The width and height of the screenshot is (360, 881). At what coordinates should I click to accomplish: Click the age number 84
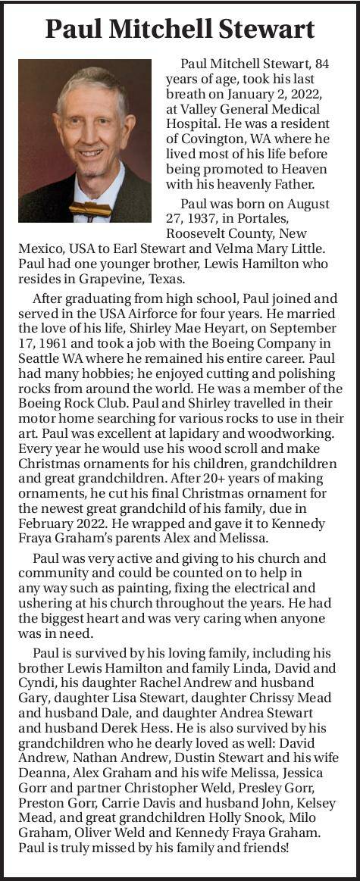click(x=321, y=64)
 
